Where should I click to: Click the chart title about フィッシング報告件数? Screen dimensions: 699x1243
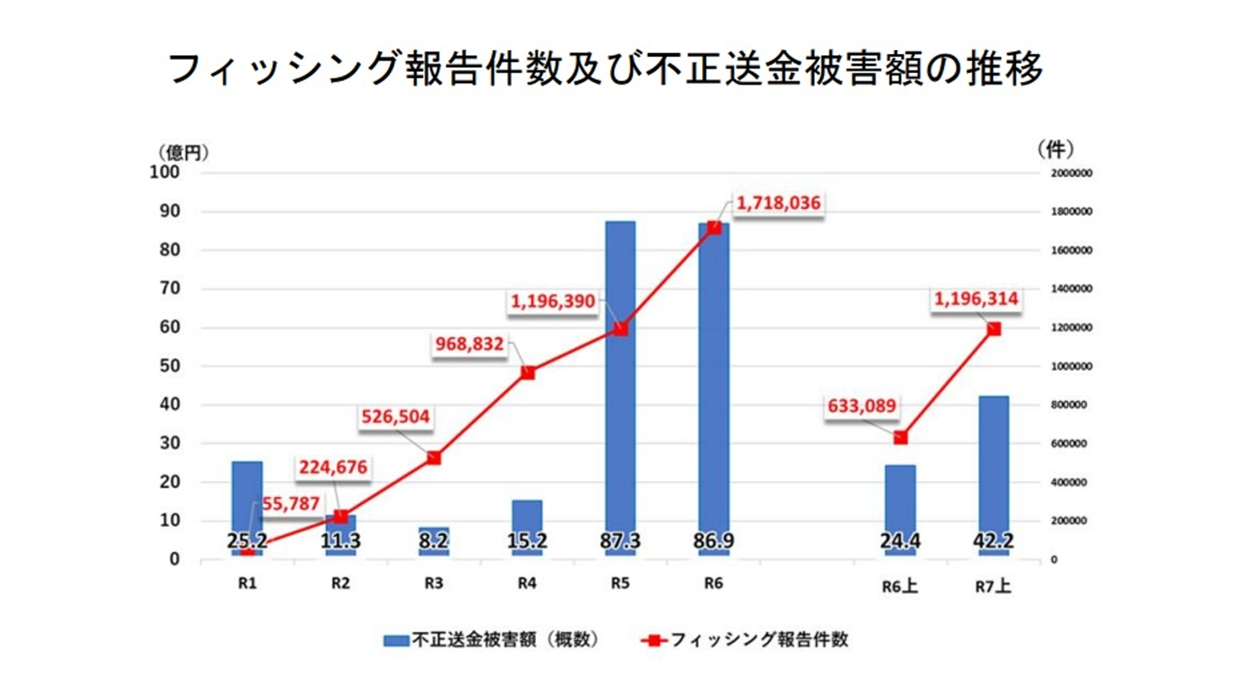coord(605,68)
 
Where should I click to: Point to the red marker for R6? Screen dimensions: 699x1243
coord(714,228)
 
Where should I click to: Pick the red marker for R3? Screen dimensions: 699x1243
coord(434,458)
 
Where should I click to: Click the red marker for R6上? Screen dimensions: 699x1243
coord(900,438)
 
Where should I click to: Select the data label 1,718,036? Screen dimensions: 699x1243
coord(778,203)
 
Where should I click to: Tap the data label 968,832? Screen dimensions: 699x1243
coord(469,344)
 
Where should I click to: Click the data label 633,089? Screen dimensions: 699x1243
coord(861,406)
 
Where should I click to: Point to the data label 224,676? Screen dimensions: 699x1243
coord(333,467)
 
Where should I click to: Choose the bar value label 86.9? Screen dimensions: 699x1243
coord(713,540)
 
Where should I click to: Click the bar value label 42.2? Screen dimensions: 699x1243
coord(993,540)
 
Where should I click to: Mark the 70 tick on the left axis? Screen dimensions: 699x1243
coord(170,288)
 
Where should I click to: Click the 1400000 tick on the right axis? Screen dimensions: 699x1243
coord(1071,289)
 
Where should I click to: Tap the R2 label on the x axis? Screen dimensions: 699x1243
coord(341,583)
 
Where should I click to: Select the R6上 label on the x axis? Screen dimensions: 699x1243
coord(899,586)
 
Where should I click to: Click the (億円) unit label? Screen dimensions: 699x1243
coord(183,153)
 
